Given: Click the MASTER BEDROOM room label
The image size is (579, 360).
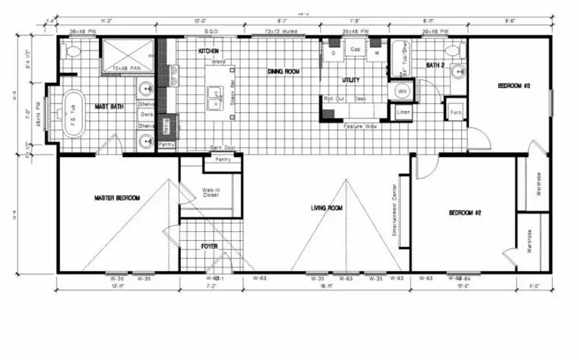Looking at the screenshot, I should click(117, 198).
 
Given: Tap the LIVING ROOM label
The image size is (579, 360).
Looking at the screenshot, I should click(326, 207).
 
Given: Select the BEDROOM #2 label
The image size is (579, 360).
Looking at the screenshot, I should click(465, 213).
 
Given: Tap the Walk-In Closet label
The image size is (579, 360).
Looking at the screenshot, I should click(210, 192).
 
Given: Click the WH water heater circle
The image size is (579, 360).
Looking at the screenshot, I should click(401, 92).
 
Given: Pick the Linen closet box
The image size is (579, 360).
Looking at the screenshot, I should click(403, 112).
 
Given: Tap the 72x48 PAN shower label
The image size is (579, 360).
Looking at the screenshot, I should click(125, 67).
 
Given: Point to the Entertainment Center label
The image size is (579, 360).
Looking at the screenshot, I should click(394, 209).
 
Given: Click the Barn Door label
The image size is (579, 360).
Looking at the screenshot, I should click(223, 148).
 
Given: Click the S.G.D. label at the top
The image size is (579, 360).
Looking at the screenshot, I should click(211, 31).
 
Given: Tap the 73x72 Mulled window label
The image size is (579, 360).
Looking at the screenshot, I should click(280, 31).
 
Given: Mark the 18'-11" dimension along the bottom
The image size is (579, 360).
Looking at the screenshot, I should click(326, 287).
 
